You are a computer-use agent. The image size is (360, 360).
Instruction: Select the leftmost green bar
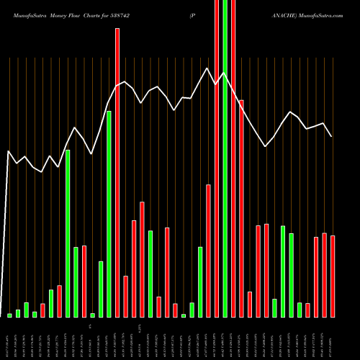coord(9,315)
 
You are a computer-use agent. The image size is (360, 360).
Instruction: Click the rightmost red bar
coord(333,276)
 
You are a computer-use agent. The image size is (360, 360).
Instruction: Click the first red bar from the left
coord(42,310)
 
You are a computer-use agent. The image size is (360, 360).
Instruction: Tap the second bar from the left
coord(18,313)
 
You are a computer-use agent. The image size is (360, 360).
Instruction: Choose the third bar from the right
coord(316,277)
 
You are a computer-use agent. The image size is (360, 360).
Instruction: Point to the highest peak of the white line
coord(207,68)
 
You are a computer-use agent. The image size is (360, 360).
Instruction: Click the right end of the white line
coord(332,136)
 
